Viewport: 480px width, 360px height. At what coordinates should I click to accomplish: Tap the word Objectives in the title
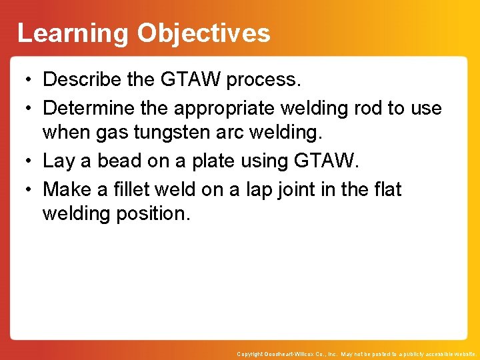point(204,33)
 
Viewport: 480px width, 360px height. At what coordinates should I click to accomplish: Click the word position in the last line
point(155,214)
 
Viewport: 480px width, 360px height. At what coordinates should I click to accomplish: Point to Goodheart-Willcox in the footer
point(291,354)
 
